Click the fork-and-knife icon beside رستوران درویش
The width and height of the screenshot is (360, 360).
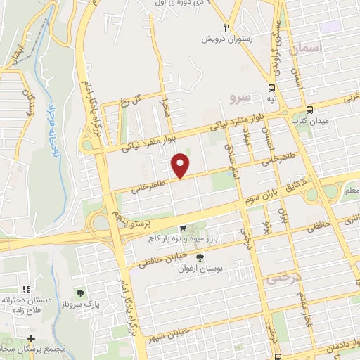(226, 27)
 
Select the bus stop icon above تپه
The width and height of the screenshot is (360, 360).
(271, 88)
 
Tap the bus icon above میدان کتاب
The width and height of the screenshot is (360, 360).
(310, 110)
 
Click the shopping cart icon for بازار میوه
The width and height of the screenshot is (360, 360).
(183, 228)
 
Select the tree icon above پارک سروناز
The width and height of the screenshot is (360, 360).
(79, 292)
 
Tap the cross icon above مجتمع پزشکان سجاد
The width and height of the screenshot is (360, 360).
(30, 340)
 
